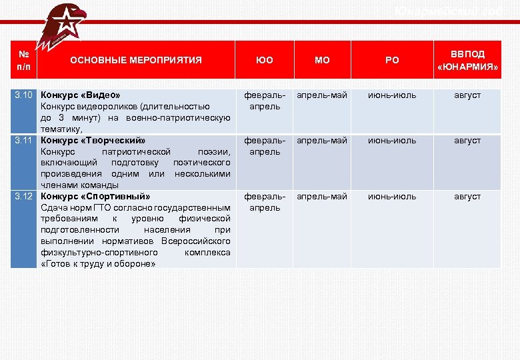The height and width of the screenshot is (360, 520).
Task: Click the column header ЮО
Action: click(265, 60)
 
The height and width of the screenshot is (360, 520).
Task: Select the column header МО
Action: click(322, 60)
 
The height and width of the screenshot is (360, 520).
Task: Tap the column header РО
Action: click(393, 60)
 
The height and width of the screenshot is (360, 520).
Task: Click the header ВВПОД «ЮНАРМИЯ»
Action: click(467, 60)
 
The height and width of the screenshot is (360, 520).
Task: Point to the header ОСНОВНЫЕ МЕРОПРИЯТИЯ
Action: click(136, 60)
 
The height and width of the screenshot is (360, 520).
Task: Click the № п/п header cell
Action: click(24, 60)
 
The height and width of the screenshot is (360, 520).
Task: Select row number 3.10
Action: click(24, 95)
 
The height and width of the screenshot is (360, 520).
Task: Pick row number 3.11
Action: click(24, 141)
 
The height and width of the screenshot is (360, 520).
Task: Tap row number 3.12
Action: click(24, 197)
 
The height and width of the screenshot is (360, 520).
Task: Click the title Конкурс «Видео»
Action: click(81, 95)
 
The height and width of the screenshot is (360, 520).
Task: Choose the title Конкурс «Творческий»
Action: click(93, 141)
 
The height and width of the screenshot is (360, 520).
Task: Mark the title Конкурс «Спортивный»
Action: click(95, 197)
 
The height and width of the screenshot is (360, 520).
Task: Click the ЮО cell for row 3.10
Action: click(265, 101)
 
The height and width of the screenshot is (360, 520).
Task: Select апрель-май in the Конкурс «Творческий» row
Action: click(322, 141)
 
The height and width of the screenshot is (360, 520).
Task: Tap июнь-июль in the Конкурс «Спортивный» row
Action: click(393, 197)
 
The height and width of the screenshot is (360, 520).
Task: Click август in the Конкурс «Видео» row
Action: click(467, 95)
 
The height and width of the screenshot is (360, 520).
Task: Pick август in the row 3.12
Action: click(467, 197)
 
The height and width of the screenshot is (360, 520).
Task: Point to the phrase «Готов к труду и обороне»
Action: click(98, 264)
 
